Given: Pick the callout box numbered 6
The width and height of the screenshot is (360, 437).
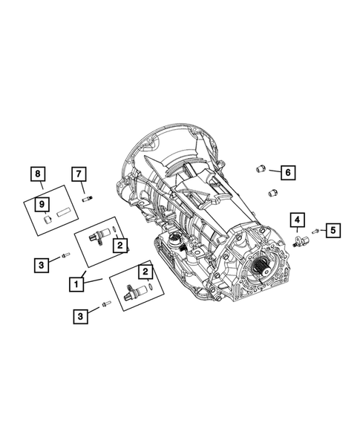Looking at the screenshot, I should click(287, 172).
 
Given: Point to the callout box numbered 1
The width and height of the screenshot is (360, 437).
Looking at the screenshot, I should click(76, 282).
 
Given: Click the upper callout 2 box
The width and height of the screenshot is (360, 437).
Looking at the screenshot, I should click(120, 243).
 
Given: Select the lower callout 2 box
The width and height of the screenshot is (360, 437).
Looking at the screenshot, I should click(144, 271).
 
